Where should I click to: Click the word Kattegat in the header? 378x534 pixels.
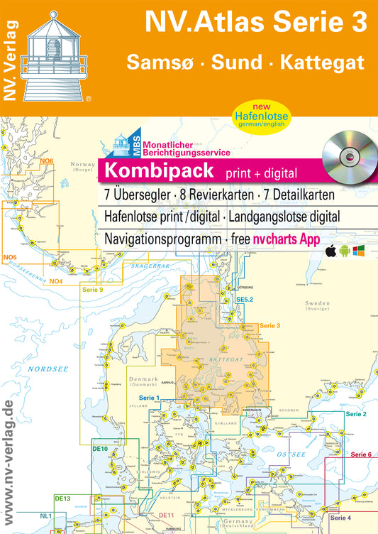tap(324, 62)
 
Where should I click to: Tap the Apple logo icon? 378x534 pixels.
tap(330, 251)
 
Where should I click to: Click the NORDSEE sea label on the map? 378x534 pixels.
tap(43, 369)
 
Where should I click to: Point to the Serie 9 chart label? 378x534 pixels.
tap(93, 290)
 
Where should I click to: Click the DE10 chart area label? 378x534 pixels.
tap(100, 448)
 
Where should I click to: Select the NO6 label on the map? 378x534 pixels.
tap(47, 162)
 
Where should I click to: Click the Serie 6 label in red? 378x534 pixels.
tap(361, 454)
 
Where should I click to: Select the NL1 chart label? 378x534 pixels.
tap(46, 525)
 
